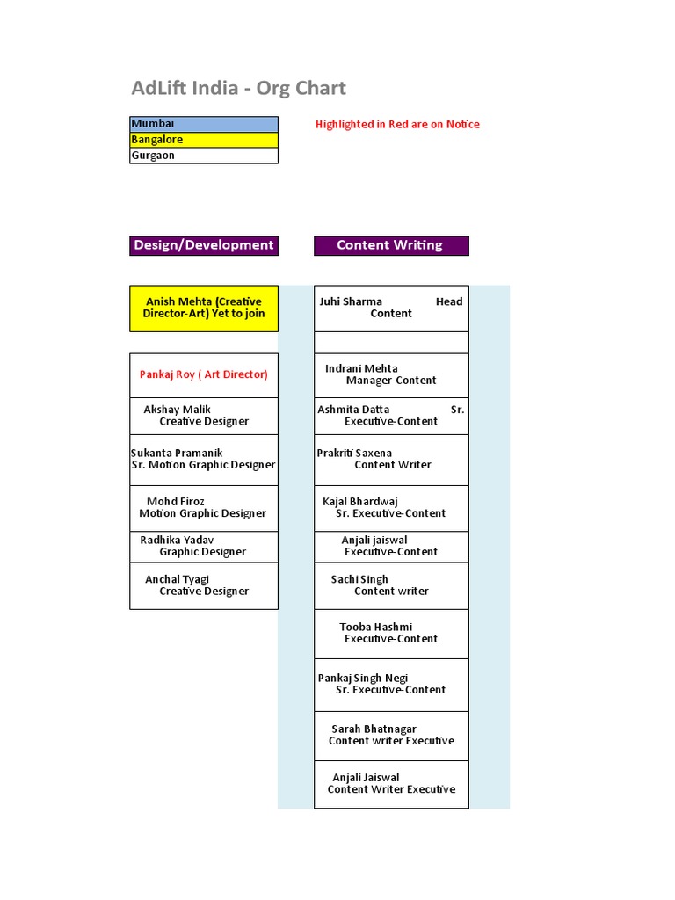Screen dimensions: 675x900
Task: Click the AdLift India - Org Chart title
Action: (238, 88)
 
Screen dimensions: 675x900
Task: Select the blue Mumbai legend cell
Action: (204, 124)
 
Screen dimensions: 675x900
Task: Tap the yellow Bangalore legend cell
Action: (204, 140)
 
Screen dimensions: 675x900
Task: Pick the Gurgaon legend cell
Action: (204, 156)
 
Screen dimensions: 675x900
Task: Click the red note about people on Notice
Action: (397, 124)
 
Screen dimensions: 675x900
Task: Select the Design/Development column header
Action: (204, 245)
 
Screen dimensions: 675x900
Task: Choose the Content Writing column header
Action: (390, 245)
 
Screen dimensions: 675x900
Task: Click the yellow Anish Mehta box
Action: (204, 308)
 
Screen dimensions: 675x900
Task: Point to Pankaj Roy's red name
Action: (204, 374)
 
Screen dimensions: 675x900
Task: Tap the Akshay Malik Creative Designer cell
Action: (204, 416)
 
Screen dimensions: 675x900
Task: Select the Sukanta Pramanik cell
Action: (204, 460)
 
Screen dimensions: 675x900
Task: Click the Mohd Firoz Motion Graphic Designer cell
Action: (204, 508)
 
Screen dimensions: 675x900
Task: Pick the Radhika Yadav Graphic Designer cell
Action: (204, 546)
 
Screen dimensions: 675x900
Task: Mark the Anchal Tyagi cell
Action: (204, 585)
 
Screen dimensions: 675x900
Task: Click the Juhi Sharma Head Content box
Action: (391, 308)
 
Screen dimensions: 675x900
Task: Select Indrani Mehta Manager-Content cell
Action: (391, 374)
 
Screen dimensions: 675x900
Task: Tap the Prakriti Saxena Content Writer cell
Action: (391, 460)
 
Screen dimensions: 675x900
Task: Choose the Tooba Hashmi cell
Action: (391, 633)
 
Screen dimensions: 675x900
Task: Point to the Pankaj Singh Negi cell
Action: (391, 684)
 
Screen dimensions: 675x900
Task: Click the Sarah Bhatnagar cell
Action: (391, 735)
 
